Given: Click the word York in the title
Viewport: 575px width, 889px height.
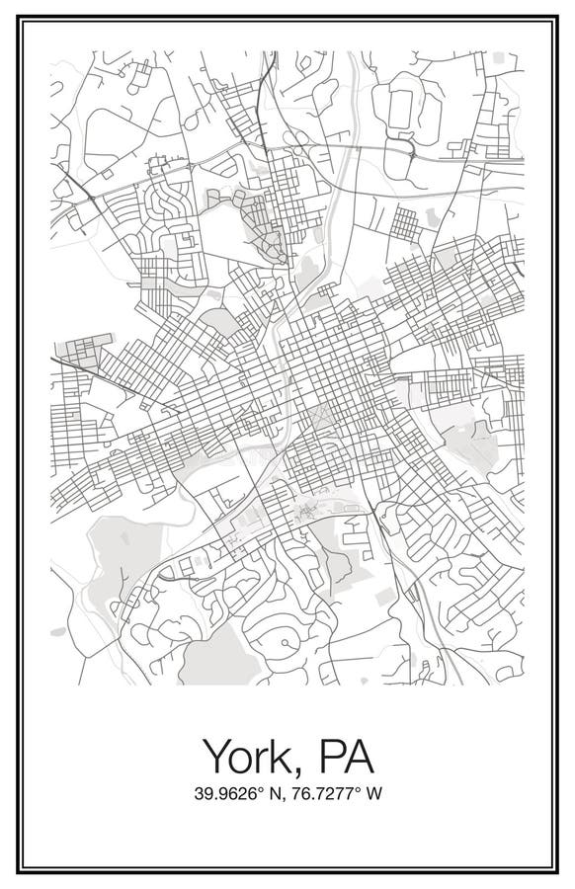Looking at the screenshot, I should [251, 758].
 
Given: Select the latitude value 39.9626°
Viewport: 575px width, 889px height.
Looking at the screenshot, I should [223, 793].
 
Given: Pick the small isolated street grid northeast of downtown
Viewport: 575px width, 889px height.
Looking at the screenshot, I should [405, 224].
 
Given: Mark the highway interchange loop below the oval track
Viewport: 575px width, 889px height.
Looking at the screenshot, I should [400, 151].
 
